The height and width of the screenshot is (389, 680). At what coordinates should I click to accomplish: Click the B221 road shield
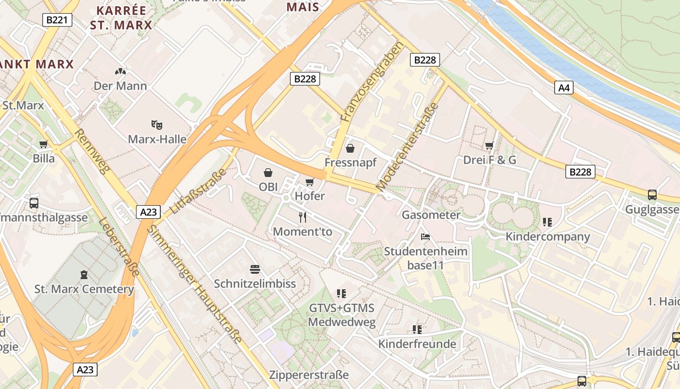tap(57, 20)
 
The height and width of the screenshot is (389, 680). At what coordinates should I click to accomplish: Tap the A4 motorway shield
tap(563, 88)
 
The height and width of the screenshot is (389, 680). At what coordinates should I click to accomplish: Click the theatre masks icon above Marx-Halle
tap(156, 125)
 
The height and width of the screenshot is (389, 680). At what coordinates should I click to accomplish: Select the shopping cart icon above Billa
tap(44, 144)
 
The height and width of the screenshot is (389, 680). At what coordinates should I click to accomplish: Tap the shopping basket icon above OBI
tap(268, 172)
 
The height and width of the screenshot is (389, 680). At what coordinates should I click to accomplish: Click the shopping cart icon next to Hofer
tap(309, 182)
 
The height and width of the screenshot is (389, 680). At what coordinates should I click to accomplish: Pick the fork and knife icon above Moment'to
tap(303, 217)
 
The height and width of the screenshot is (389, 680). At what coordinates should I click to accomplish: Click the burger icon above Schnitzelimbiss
tap(255, 269)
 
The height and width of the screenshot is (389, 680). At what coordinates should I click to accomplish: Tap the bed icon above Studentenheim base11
tap(425, 237)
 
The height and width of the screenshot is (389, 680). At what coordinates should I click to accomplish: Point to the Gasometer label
tap(431, 215)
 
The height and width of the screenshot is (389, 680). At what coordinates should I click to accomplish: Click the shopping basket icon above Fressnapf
tap(350, 148)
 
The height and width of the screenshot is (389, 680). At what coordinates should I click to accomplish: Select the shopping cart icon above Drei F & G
tap(489, 145)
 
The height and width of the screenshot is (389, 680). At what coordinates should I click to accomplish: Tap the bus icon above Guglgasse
tap(652, 195)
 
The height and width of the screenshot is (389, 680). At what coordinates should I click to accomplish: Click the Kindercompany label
tap(548, 237)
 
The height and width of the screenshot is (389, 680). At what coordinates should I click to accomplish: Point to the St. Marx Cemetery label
tap(84, 289)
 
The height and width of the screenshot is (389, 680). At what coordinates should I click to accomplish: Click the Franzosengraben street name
tap(372, 82)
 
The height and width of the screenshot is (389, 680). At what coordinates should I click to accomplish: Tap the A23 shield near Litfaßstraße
tap(148, 212)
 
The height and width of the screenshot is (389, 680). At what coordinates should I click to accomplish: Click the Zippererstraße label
tap(309, 375)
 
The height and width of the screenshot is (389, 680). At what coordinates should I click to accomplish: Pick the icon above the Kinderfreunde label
tap(417, 329)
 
